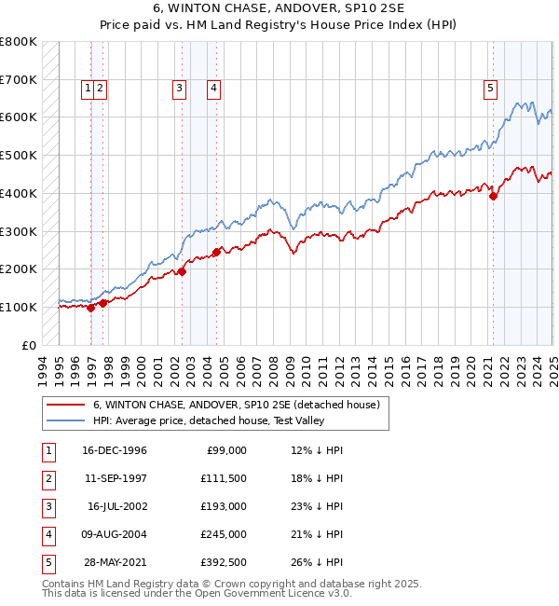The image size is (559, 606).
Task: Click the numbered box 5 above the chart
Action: point(490,89)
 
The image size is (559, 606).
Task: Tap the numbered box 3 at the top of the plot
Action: point(178,89)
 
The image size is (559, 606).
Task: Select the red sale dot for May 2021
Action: point(493,196)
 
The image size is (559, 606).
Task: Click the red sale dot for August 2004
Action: point(216,252)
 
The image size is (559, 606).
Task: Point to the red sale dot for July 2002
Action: point(183,272)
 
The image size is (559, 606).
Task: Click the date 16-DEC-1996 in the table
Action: point(115,450)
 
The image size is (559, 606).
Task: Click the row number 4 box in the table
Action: point(48,534)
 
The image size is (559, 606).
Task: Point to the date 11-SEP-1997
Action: point(115,478)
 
